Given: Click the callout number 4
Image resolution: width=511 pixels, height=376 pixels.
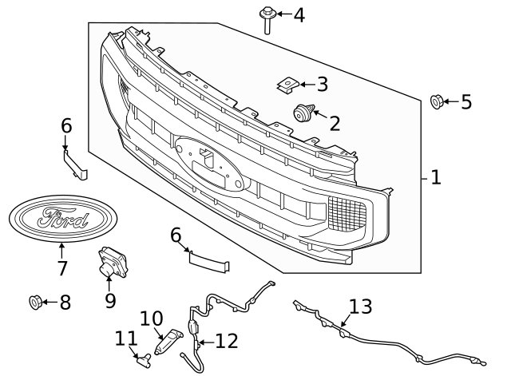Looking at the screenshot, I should click(299, 14).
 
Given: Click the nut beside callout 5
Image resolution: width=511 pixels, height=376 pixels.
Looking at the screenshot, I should click(438, 101).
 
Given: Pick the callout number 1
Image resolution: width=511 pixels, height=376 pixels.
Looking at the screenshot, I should click(436, 177).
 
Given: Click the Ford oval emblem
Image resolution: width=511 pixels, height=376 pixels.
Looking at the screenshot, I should click(62, 218).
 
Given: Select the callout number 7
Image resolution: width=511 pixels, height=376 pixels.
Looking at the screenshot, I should click(62, 268).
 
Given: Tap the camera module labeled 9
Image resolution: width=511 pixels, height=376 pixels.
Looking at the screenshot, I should click(109, 263).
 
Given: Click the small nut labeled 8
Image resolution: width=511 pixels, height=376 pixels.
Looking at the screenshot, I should click(35, 302).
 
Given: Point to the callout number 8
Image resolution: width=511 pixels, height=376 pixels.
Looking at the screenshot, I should click(65, 303).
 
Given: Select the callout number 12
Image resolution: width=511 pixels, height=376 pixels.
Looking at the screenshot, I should click(226, 342).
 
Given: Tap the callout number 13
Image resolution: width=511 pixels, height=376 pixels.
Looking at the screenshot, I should click(360, 306).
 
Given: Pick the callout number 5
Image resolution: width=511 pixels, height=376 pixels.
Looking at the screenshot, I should click(465, 102).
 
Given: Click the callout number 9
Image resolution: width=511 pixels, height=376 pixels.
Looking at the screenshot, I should click(110, 300).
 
